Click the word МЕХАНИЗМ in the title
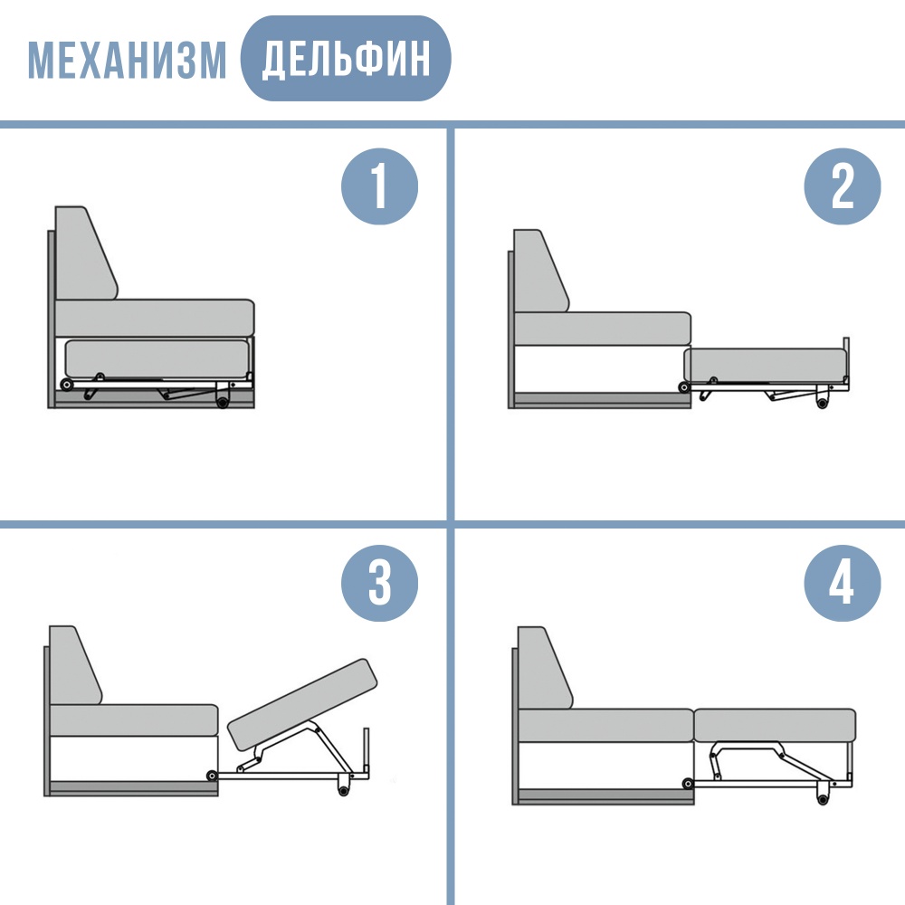pyautogui.click(x=127, y=60)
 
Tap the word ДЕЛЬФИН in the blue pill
pyautogui.click(x=346, y=59)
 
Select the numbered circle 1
pyautogui.click(x=379, y=186)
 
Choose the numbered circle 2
pyautogui.click(x=842, y=186)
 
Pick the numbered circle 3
pyautogui.click(x=379, y=583)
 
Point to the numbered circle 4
pyautogui.click(x=842, y=583)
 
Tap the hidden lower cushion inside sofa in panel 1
pyautogui.click(x=157, y=358)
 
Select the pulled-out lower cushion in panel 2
pyautogui.click(x=766, y=365)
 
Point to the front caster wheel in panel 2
pyautogui.click(x=823, y=402)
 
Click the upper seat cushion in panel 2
pyautogui.click(x=602, y=329)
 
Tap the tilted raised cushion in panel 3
pyautogui.click(x=303, y=704)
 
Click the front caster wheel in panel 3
pyautogui.click(x=343, y=789)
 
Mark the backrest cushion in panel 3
pyautogui.click(x=74, y=665)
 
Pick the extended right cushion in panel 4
pyautogui.click(x=775, y=726)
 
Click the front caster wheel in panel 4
pyautogui.click(x=823, y=798)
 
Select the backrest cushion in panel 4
pyautogui.click(x=544, y=668)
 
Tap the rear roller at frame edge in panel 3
pyautogui.click(x=212, y=776)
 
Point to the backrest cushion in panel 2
pyautogui.click(x=540, y=271)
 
